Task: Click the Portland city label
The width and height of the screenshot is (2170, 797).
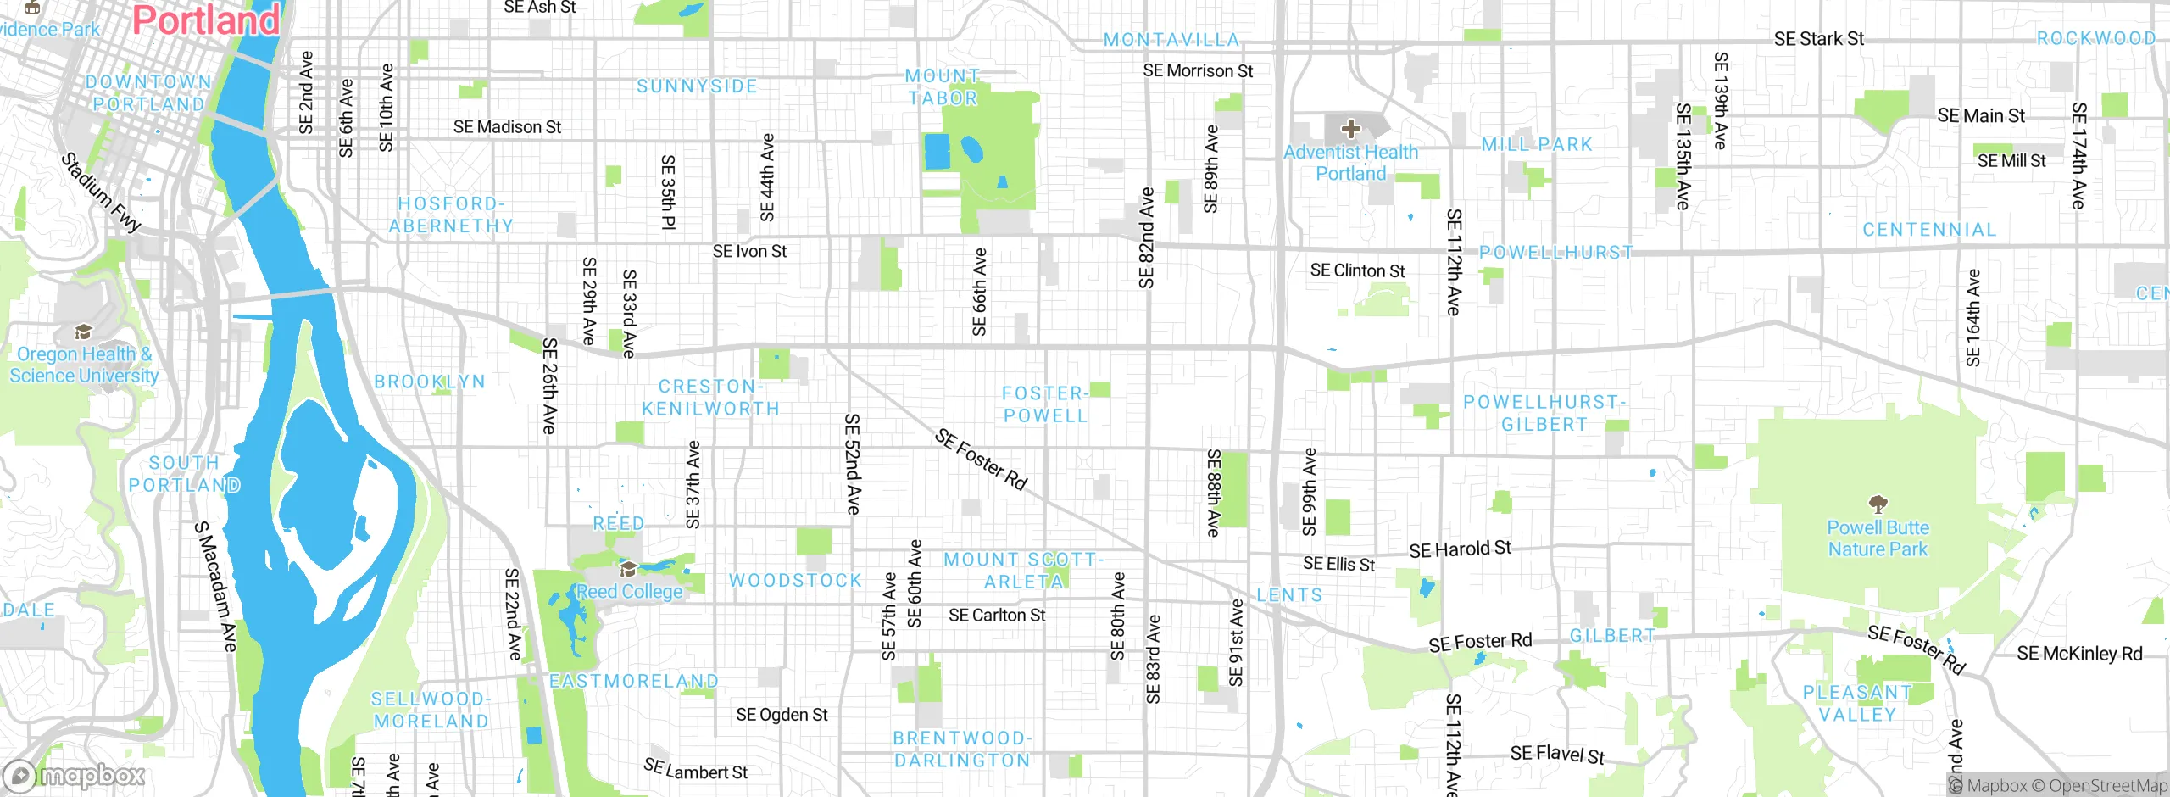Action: click(206, 20)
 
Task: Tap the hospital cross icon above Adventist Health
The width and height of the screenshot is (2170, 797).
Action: click(1350, 129)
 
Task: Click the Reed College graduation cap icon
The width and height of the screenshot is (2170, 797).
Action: click(628, 569)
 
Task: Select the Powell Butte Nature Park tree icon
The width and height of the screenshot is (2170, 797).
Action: click(1878, 504)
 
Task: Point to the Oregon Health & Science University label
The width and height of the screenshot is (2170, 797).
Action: click(84, 365)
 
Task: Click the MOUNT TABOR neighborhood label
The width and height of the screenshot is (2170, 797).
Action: click(943, 87)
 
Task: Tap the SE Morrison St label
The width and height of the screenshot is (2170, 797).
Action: click(1197, 71)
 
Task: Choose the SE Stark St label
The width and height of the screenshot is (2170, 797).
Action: click(1818, 39)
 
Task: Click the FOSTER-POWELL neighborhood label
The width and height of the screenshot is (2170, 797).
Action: click(1044, 404)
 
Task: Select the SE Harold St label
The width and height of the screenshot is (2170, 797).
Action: click(1460, 549)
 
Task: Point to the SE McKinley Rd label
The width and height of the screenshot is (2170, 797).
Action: click(2078, 654)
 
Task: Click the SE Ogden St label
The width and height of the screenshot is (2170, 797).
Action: click(782, 715)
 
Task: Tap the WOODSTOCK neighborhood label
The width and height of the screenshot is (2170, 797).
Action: click(795, 581)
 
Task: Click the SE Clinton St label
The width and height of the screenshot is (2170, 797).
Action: click(1357, 270)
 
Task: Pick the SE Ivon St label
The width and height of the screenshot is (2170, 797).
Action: click(749, 252)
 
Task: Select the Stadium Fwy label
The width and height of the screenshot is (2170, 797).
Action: click(101, 193)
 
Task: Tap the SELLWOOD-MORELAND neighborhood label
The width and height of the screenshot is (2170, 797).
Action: click(431, 711)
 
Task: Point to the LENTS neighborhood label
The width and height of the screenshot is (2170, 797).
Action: click(1289, 595)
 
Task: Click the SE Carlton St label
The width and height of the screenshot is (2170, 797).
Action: click(997, 616)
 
